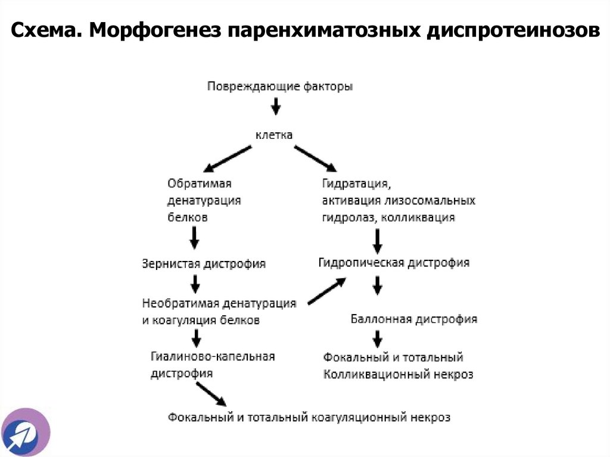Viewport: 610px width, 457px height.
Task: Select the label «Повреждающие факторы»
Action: click(x=279, y=86)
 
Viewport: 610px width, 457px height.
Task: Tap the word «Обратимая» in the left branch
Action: click(x=199, y=183)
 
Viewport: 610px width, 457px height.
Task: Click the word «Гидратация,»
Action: click(x=356, y=183)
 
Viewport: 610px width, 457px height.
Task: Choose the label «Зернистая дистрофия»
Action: click(x=204, y=263)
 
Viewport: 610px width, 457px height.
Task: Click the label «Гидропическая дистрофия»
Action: click(x=394, y=263)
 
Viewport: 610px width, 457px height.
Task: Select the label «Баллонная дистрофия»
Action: click(x=413, y=319)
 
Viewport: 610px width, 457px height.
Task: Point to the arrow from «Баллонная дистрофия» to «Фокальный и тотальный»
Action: click(x=377, y=339)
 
